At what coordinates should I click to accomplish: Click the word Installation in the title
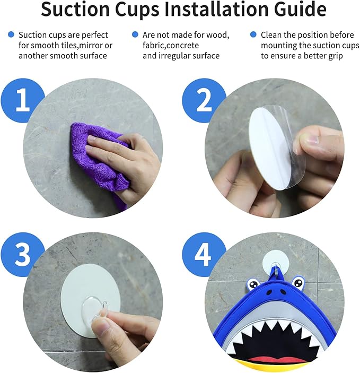[x=217, y=9]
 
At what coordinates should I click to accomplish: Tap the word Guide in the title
[x=300, y=9]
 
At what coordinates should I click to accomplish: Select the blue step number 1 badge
[x=23, y=100]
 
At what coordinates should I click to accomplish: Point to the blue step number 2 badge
[x=204, y=100]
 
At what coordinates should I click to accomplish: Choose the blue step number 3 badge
[x=23, y=255]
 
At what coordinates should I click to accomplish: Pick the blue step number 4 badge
[x=204, y=255]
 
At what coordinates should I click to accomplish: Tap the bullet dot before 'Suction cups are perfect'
[x=11, y=34]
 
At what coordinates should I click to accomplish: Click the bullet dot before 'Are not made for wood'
[x=135, y=34]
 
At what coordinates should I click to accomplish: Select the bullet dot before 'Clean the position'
[x=253, y=34]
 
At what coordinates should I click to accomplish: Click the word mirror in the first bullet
[x=90, y=45]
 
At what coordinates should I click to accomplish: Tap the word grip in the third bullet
[x=335, y=56]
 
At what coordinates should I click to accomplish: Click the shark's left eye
[x=253, y=284]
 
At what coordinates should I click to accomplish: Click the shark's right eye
[x=298, y=283]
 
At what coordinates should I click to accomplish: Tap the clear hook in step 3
[x=93, y=311]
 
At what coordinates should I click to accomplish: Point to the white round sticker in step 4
[x=276, y=262]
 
